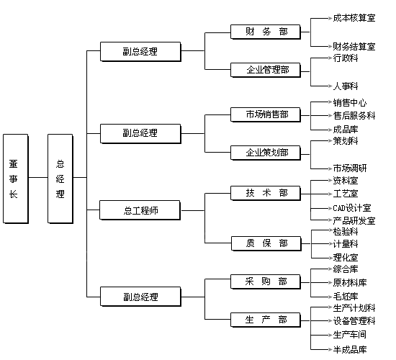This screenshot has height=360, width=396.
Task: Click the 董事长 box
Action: pyautogui.click(x=16, y=179)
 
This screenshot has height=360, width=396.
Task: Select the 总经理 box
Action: pyautogui.click(x=60, y=179)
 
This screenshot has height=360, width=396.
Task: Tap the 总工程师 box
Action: pyautogui.click(x=140, y=210)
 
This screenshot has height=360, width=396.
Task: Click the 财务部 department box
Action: pyautogui.click(x=266, y=32)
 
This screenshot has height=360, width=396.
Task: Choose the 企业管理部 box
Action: pyautogui.click(x=266, y=70)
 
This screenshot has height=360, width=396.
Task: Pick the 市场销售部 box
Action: pyautogui.click(x=266, y=114)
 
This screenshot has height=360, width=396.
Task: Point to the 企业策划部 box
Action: pyautogui.click(x=266, y=153)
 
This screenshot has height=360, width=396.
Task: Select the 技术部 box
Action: pyautogui.click(x=266, y=193)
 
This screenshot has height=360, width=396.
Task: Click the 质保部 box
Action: pyautogui.click(x=266, y=243)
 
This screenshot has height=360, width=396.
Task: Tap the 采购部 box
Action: pyautogui.click(x=266, y=282)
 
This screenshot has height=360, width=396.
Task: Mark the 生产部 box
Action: pyautogui.click(x=266, y=320)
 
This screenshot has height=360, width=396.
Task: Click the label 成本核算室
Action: pyautogui.click(x=354, y=18)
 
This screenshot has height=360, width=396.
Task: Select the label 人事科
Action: pyautogui.click(x=346, y=86)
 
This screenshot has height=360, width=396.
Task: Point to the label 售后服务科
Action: pyautogui.click(x=354, y=116)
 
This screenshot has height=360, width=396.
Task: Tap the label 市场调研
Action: pyautogui.click(x=350, y=168)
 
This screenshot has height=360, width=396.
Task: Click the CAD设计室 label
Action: pyautogui.click(x=352, y=208)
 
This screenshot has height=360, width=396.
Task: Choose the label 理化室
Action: pyautogui.click(x=346, y=258)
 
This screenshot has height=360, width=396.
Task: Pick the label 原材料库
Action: pyautogui.click(x=350, y=282)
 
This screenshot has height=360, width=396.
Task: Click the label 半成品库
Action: pyautogui.click(x=350, y=350)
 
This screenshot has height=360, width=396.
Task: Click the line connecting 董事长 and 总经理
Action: pyautogui.click(x=38, y=177)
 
